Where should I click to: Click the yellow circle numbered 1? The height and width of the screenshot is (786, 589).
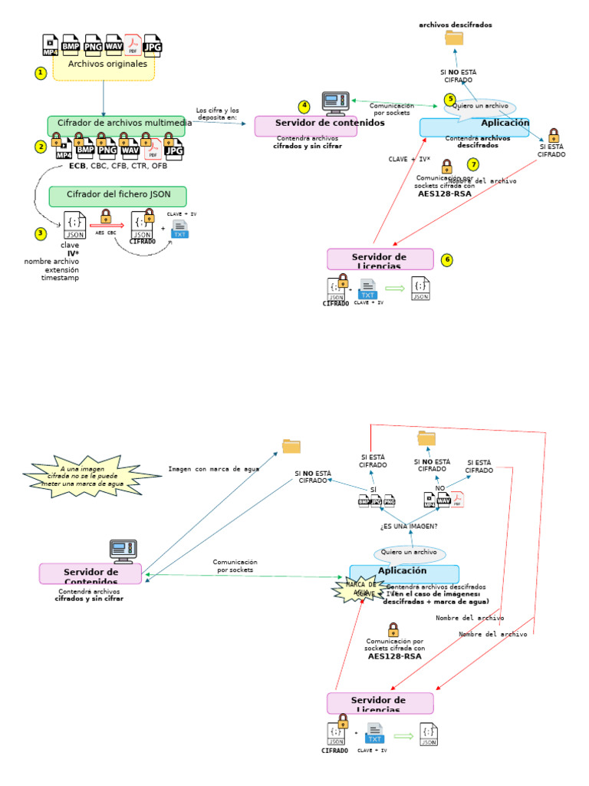point(41,73)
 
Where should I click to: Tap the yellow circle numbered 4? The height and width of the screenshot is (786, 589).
point(304,107)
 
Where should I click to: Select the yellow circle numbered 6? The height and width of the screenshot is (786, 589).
point(447,260)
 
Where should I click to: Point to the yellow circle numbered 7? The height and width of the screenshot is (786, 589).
point(473,164)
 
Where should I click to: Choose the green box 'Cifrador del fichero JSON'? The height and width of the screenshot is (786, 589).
point(117,195)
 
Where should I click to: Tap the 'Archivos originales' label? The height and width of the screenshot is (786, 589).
point(107,64)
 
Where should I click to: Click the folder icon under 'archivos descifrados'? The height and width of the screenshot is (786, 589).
point(454,39)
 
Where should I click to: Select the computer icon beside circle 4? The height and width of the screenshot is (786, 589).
point(335,104)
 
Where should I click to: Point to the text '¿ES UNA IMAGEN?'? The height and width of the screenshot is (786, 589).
point(409,527)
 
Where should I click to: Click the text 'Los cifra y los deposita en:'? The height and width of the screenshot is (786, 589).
point(217,114)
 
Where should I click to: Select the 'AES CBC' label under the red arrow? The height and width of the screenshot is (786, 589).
point(106,233)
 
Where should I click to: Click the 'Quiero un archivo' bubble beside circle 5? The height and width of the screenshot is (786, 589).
point(480,107)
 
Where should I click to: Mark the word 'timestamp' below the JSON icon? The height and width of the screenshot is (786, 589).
point(60,277)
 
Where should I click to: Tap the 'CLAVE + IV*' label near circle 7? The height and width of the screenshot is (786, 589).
point(409,160)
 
